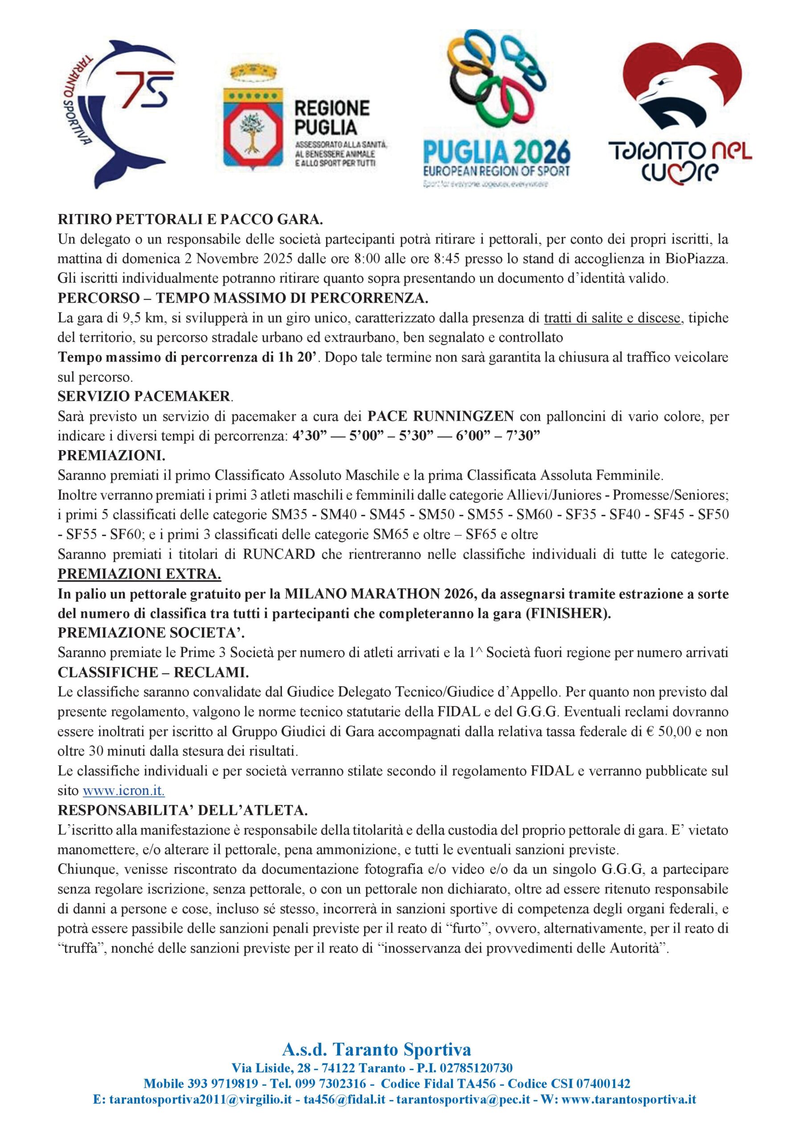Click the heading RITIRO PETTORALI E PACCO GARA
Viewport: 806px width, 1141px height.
point(190,219)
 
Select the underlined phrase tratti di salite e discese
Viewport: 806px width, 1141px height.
point(612,318)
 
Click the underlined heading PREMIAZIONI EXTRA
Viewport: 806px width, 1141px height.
point(139,574)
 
